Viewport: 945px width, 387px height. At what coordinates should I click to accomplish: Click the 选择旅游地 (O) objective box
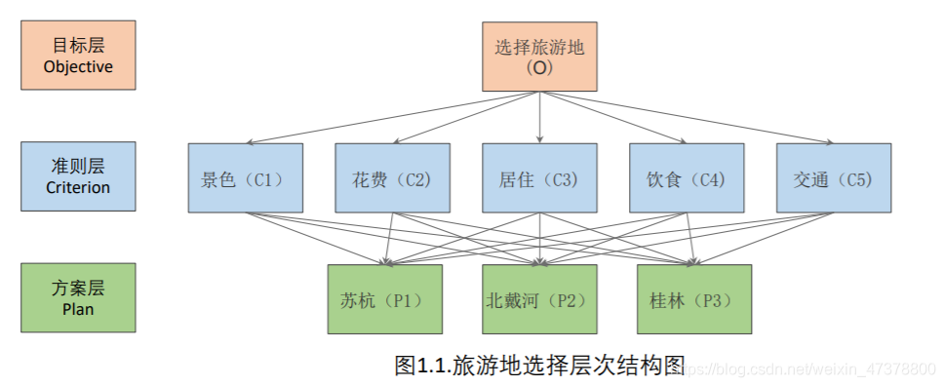(539, 57)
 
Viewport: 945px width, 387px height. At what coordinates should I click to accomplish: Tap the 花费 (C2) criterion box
(392, 178)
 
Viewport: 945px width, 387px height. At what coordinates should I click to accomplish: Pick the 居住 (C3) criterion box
(539, 178)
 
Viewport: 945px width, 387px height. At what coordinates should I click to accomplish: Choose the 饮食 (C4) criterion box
(687, 178)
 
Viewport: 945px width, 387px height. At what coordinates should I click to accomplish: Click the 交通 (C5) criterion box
(834, 178)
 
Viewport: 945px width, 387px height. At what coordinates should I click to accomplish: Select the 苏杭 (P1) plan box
(385, 299)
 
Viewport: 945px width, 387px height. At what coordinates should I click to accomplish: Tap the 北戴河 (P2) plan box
(539, 299)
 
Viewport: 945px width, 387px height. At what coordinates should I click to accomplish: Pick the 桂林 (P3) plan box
(693, 299)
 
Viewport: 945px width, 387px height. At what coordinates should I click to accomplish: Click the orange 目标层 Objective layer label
(78, 56)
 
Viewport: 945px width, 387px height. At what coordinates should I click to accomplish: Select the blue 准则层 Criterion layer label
(78, 176)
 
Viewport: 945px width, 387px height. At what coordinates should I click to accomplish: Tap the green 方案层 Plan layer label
(78, 297)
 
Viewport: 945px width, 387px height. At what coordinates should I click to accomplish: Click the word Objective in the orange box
(78, 67)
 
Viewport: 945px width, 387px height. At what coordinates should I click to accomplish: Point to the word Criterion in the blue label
(78, 188)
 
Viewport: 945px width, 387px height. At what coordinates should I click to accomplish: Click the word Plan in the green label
(78, 309)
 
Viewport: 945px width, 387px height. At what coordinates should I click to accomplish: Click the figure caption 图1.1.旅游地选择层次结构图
(539, 366)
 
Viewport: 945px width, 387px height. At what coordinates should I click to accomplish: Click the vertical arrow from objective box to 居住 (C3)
(539, 118)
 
